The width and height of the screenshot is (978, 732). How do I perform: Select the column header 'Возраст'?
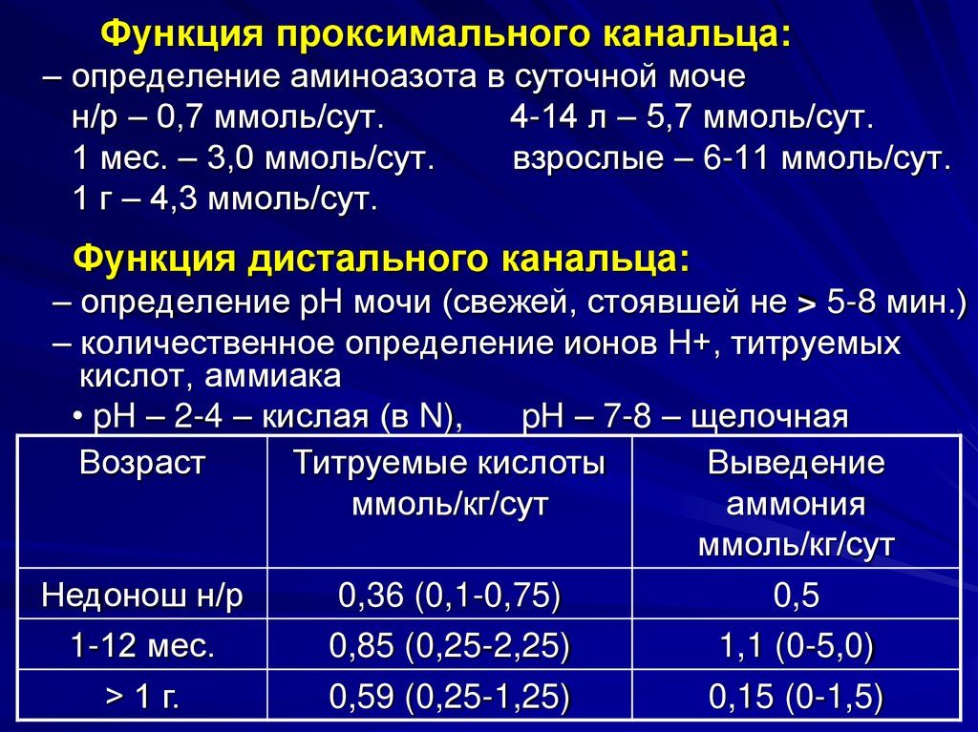pyautogui.click(x=142, y=464)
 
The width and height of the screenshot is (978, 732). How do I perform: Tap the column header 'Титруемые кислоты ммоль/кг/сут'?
pyautogui.click(x=449, y=483)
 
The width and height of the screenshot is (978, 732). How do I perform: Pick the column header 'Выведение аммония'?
pyautogui.click(x=796, y=504)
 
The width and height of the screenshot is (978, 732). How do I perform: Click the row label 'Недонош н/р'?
pyautogui.click(x=142, y=596)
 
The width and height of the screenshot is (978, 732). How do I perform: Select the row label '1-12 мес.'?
pyautogui.click(x=142, y=646)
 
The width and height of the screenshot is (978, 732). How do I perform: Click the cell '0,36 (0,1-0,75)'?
pyautogui.click(x=449, y=596)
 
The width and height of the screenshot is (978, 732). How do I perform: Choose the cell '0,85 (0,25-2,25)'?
pyautogui.click(x=449, y=646)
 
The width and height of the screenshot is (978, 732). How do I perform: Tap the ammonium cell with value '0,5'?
pyautogui.click(x=796, y=596)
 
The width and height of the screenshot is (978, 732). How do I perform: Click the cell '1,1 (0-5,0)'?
pyautogui.click(x=796, y=646)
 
